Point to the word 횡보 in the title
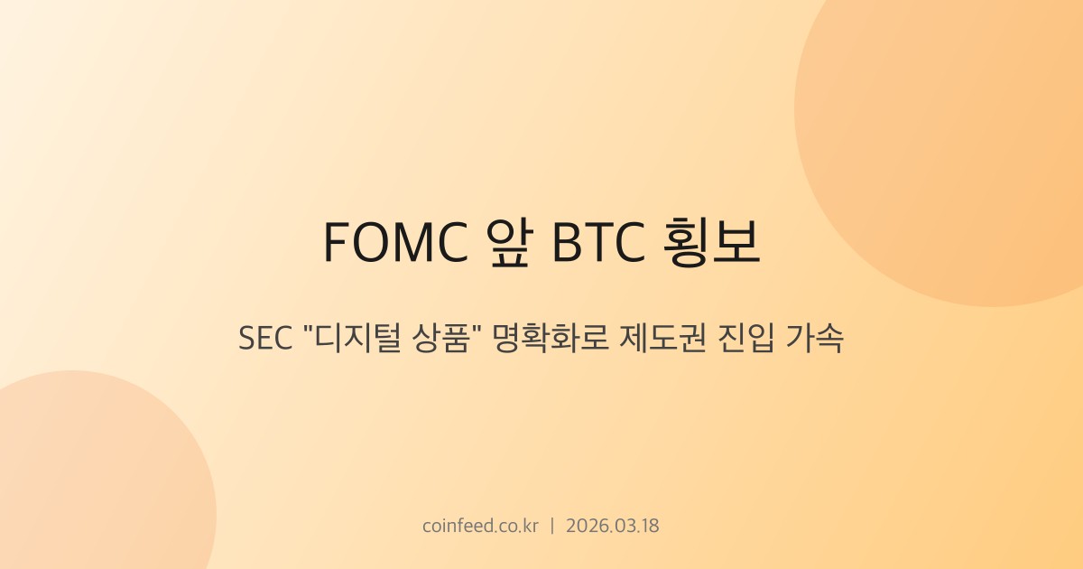point(712,242)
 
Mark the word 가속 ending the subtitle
point(815,340)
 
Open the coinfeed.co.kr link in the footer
point(479,526)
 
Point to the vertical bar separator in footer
point(552,526)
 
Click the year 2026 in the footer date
point(586,526)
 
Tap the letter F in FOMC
point(334,242)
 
